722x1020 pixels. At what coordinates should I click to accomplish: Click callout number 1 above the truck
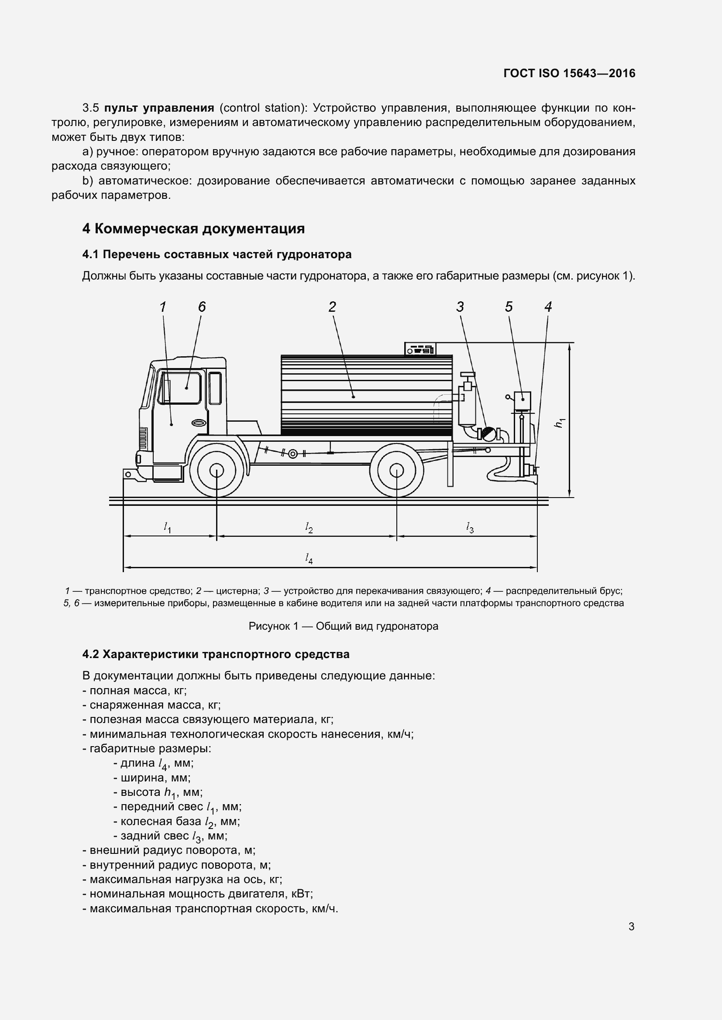point(163,307)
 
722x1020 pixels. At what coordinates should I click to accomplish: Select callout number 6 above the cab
point(202,307)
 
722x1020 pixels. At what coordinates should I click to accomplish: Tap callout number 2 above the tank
point(332,307)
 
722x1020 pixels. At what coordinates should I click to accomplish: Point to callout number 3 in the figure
point(460,307)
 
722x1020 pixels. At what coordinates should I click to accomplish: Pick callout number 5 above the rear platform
point(509,307)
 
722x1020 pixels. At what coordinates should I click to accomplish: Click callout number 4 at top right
point(548,307)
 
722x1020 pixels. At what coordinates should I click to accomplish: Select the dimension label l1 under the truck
point(168,527)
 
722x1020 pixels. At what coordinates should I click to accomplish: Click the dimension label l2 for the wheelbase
point(309,527)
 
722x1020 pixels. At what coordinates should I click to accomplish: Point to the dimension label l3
point(470,527)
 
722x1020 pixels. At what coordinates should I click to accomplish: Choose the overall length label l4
point(309,559)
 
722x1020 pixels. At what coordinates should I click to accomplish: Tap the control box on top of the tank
point(420,349)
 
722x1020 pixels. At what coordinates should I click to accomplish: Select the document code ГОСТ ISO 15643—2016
point(570,73)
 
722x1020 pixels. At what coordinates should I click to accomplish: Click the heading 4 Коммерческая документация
point(193,229)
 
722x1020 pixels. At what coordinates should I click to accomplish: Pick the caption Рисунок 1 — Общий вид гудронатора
point(343,626)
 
